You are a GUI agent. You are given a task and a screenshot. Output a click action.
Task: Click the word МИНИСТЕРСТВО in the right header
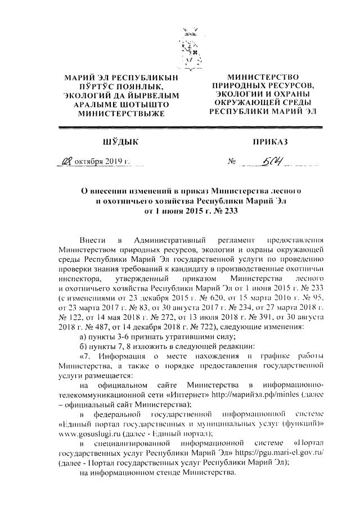coord(263,76)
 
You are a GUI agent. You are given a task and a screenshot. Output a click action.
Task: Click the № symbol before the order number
coord(231,164)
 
